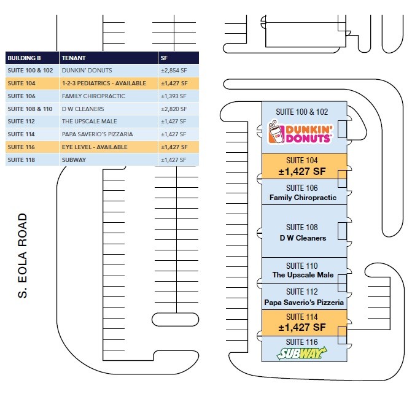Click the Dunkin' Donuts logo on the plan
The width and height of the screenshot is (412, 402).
tap(300, 132)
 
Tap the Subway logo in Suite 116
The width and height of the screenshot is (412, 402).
tap(302, 353)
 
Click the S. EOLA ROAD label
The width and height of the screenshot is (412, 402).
tap(23, 255)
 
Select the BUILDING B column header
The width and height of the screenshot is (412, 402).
tap(24, 58)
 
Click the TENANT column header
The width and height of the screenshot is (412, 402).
tap(74, 58)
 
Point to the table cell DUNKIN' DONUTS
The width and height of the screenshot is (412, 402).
tap(87, 71)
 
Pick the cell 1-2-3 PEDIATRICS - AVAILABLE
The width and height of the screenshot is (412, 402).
tap(104, 83)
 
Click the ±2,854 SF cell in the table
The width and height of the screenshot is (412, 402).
tap(174, 71)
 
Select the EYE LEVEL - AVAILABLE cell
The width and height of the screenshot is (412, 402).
tap(95, 147)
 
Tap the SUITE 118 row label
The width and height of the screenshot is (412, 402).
tap(21, 160)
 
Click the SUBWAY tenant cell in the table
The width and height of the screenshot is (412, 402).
tap(74, 160)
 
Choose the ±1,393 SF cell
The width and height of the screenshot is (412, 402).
tap(174, 96)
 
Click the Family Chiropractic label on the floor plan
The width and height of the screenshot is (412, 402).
tap(303, 198)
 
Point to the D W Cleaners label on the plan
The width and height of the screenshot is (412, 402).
tap(303, 238)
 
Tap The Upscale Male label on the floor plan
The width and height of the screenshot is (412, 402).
tap(303, 275)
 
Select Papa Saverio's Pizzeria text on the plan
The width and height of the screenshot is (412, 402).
tap(304, 303)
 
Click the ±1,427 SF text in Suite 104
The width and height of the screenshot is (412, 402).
tap(302, 171)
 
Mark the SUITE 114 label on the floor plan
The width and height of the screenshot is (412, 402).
tap(302, 317)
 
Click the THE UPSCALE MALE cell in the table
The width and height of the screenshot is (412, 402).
tap(90, 122)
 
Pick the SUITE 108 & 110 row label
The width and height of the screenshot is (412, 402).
tap(30, 109)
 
